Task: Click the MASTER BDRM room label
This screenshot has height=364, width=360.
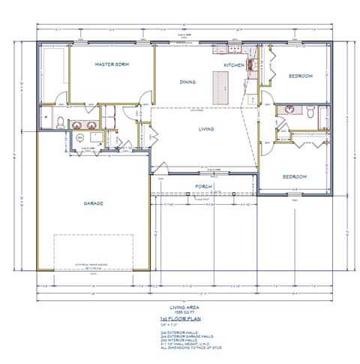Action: coord(112,65)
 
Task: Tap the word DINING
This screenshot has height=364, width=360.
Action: coord(187,82)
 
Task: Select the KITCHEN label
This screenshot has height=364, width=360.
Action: coord(235,65)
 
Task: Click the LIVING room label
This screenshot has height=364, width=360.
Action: coord(205,129)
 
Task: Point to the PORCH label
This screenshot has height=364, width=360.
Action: coord(203,185)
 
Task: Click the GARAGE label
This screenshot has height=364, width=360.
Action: coord(93,203)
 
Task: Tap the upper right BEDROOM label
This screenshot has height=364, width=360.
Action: coord(300,76)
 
